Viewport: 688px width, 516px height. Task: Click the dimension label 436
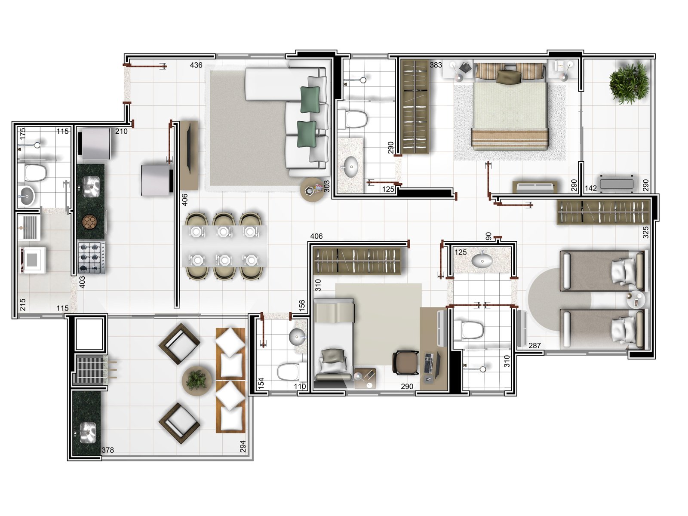pos(196,65)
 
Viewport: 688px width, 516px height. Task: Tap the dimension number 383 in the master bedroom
pos(436,65)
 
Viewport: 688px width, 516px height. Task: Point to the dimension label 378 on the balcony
pos(107,450)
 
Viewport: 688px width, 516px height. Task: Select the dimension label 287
pos(535,346)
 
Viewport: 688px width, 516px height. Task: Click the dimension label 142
pos(591,188)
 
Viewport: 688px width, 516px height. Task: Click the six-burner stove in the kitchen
pos(91,258)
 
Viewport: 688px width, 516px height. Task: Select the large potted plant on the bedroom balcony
pos(629,83)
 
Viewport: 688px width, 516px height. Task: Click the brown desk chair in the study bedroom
pos(405,362)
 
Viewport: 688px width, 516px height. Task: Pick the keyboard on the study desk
pos(428,363)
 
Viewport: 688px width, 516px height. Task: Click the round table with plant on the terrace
pos(197,381)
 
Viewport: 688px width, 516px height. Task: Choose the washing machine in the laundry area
pos(33,260)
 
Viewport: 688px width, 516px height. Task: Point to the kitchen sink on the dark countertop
pos(91,187)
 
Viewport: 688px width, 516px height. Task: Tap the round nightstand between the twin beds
pos(636,300)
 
